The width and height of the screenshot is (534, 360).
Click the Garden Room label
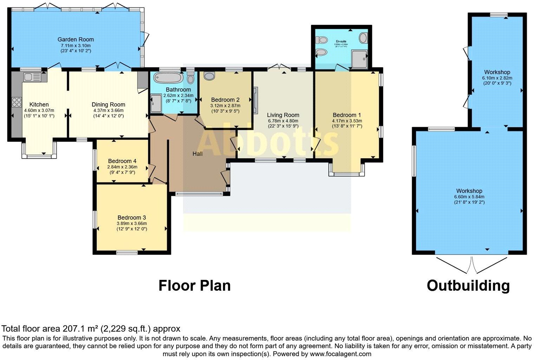(76, 39)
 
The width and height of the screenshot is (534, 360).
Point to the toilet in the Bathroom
(190, 78)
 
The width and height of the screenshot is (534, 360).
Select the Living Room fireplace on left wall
(256, 100)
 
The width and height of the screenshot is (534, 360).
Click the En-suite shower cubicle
(359, 59)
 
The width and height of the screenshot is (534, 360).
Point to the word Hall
(197, 154)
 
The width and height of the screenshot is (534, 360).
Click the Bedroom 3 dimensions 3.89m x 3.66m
(132, 223)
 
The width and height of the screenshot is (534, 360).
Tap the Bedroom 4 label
(120, 161)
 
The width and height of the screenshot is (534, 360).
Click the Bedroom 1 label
(347, 115)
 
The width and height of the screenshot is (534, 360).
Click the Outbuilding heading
(468, 285)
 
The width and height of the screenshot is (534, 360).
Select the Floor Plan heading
(194, 285)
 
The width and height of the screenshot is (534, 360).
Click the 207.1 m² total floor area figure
(81, 329)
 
